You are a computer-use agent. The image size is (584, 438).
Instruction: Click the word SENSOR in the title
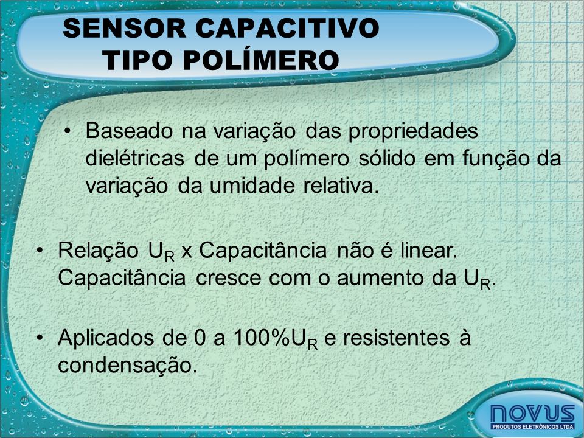[x=124, y=29]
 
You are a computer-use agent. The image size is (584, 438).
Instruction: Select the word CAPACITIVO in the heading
[x=287, y=29]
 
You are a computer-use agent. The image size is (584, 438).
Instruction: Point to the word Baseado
[x=129, y=131]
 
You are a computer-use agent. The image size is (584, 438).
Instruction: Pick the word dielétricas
[x=135, y=158]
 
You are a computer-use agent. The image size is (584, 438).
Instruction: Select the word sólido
[x=387, y=158]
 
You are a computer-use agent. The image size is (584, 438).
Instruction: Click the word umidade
[x=252, y=186]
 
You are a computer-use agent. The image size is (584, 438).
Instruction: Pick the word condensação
[x=127, y=366]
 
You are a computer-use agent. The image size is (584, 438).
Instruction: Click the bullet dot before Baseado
[x=67, y=131]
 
